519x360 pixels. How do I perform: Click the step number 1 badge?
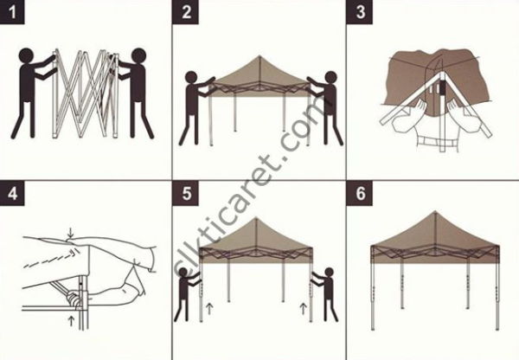[x=13, y=13]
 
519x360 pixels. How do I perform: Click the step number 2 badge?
[x=188, y=13]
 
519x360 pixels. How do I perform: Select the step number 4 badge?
[x=13, y=193]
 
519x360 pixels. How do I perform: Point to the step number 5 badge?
[x=188, y=193]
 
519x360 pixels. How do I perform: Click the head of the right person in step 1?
[x=135, y=60]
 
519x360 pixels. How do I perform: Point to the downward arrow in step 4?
[x=68, y=232]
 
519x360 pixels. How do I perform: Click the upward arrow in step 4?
[x=68, y=319]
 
